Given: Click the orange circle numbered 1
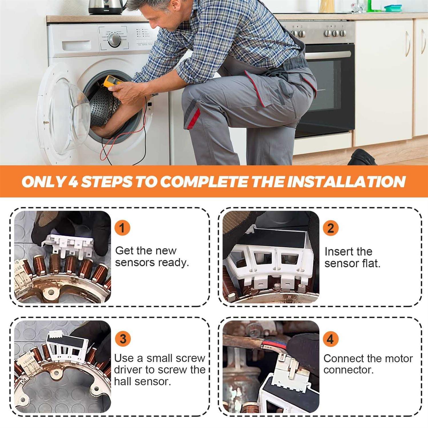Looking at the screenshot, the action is [122, 228].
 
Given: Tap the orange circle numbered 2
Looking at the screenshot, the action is [330, 228].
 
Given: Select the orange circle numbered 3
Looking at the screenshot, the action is [123, 339].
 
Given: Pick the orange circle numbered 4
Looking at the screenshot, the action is [330, 339].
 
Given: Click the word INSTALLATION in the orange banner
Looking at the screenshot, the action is [346, 181].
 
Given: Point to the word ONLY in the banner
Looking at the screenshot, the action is [44, 182].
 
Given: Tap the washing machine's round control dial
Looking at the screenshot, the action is [114, 40].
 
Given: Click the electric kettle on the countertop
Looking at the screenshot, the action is [106, 7].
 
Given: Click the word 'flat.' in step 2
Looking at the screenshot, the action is [371, 263].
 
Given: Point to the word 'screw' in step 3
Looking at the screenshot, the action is [191, 358].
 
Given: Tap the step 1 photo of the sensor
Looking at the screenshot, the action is [62, 257].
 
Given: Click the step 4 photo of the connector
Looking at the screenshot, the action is [271, 367].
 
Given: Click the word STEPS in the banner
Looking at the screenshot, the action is [107, 182].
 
